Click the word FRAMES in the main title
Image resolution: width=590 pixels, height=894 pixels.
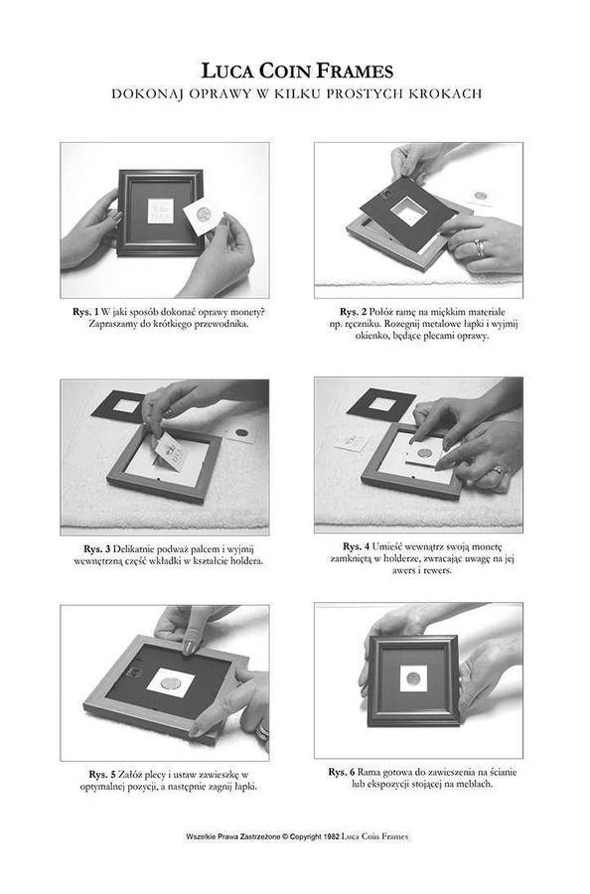coord(355,71)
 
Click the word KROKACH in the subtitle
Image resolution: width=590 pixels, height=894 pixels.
coord(445,93)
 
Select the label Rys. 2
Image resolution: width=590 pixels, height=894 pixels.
coord(353,312)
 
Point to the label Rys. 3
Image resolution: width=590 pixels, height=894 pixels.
coord(97,549)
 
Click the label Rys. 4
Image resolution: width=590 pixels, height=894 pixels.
coord(357,546)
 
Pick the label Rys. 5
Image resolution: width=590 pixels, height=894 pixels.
coord(102,774)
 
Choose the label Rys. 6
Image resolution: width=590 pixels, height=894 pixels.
coord(342,772)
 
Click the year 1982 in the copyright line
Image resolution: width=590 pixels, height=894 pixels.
coord(331,837)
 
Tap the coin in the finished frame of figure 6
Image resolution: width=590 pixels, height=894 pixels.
coord(413,677)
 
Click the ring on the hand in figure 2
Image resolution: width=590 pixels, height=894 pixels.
coord(480,247)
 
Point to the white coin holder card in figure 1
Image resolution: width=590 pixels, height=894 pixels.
coord(204,216)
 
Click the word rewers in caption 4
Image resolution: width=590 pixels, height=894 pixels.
coord(438,571)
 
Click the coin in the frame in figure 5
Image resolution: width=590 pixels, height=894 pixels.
coord(170,683)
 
